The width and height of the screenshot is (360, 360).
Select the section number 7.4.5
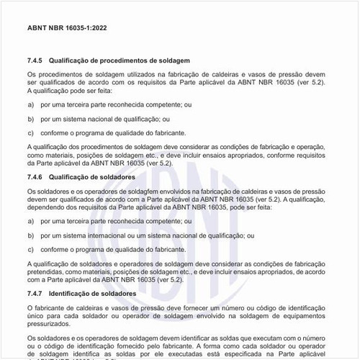35,60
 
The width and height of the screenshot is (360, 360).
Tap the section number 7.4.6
35,177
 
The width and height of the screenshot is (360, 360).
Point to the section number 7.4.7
35,294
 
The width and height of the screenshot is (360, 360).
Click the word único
36,316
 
